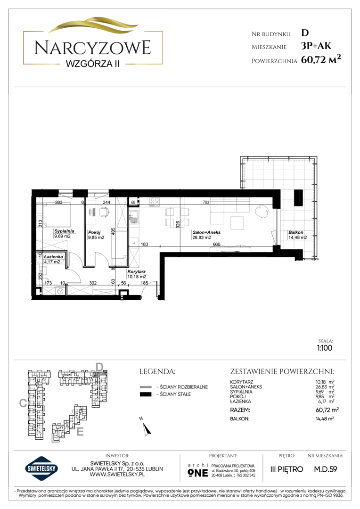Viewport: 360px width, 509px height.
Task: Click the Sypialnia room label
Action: click(64, 231)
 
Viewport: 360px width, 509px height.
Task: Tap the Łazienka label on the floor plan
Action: click(54, 257)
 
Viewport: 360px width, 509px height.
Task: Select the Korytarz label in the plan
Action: click(136, 272)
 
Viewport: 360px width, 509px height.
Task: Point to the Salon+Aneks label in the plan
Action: click(206, 232)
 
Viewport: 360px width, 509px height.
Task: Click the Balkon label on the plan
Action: click(296, 232)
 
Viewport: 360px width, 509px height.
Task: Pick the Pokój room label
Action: click(94, 232)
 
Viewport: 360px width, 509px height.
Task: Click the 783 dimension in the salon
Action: click(206, 202)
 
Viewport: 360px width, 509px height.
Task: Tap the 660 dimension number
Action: click(217, 244)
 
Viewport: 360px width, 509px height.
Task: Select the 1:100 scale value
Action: click(325, 348)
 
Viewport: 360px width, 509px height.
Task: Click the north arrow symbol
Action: click(146, 427)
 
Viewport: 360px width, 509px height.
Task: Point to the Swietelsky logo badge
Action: click(41, 468)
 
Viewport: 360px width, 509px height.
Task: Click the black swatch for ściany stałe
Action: click(146, 394)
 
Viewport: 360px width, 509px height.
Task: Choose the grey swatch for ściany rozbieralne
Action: click(146, 387)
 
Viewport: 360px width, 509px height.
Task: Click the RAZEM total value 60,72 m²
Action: click(327, 410)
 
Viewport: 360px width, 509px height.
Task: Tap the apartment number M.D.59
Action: click(326, 469)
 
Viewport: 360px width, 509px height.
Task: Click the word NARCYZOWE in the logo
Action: click(93, 48)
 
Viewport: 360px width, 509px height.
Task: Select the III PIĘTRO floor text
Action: click(286, 469)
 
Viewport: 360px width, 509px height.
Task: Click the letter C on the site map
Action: click(23, 403)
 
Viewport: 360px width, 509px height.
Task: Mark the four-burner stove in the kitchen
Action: click(155, 202)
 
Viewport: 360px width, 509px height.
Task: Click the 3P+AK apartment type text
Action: click(316, 46)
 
